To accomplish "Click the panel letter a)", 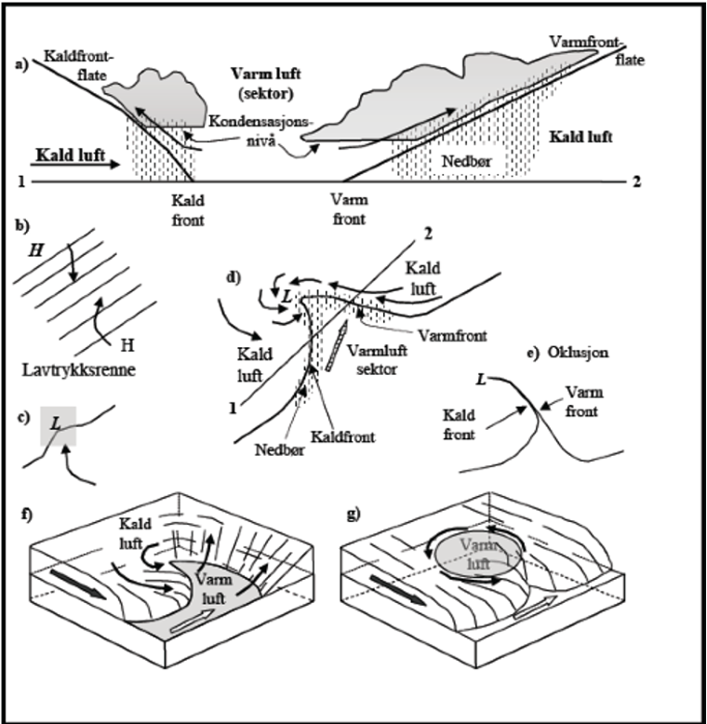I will [x=21, y=64].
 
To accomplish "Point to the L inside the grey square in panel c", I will [x=57, y=422].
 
